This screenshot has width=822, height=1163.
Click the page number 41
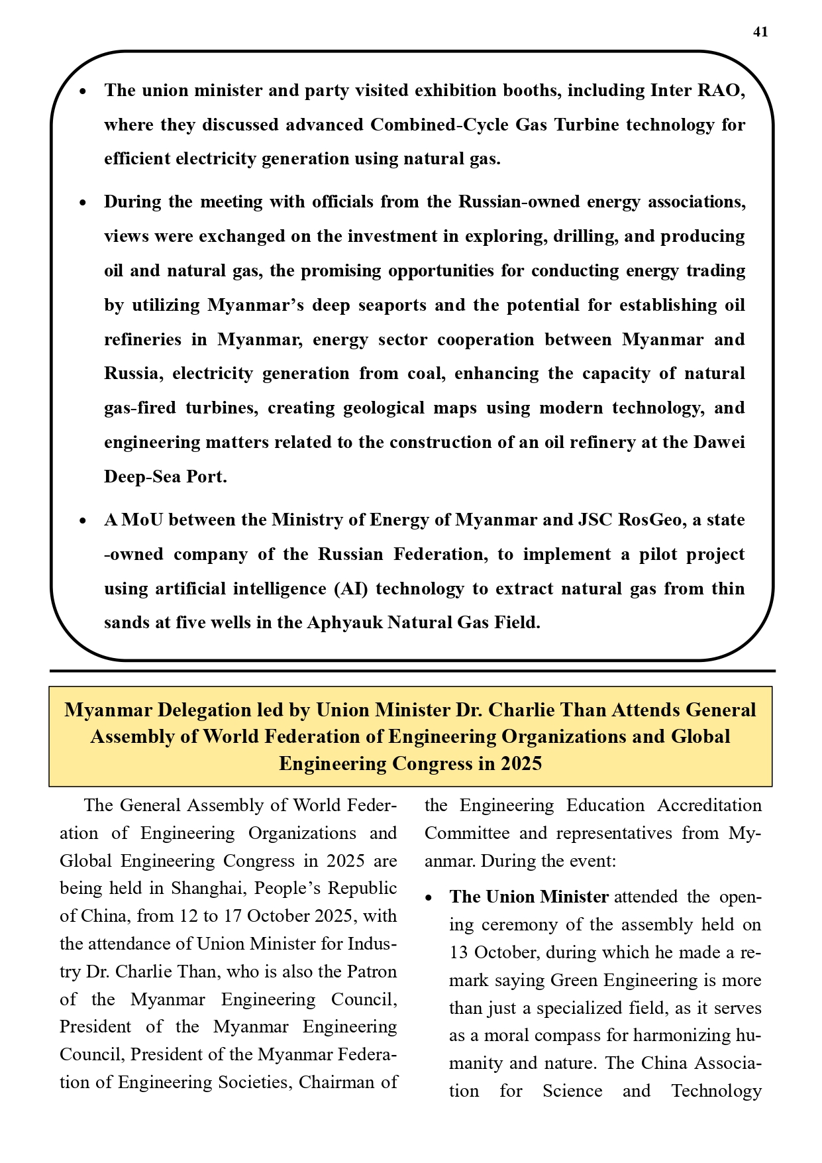tap(760, 32)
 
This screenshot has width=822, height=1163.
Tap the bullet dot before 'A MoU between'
tap(83, 522)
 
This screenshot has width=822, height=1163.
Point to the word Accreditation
tap(709, 805)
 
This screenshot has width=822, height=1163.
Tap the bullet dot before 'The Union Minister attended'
tap(429, 899)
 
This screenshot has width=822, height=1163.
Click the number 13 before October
tap(459, 952)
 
